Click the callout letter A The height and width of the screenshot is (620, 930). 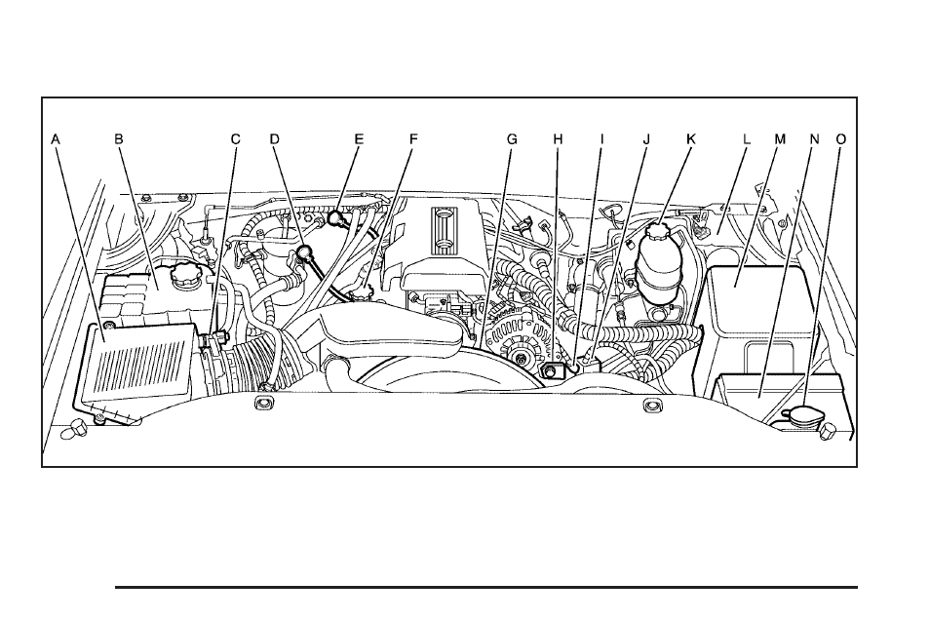pos(57,139)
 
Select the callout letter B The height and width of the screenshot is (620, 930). pos(119,139)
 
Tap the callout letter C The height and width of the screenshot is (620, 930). pos(235,139)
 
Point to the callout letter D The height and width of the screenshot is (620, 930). pos(275,139)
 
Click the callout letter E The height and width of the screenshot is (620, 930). pos(358,139)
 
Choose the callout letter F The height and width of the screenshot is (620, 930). pos(412,139)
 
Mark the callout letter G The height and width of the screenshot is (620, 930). pos(511,139)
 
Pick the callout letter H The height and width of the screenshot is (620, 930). pos(558,139)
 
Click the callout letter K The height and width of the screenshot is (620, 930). pos(690,139)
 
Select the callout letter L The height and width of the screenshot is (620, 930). pos(746,139)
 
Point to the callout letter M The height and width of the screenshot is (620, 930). pos(779,139)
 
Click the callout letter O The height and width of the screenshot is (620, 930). pos(840,139)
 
